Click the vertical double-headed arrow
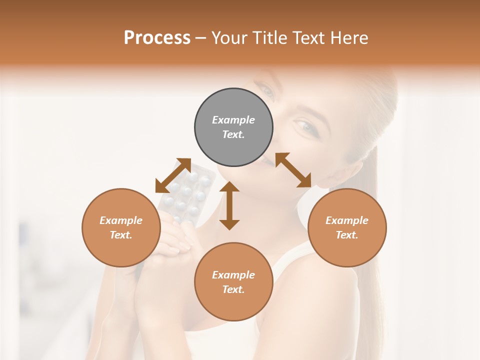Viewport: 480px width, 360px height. (x=229, y=205)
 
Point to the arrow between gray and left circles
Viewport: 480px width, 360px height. (x=173, y=175)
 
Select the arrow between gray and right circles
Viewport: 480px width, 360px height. (x=293, y=170)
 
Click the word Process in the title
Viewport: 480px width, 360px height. (x=157, y=38)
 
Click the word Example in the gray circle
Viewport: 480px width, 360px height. (x=233, y=120)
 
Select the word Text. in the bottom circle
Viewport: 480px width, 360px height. (x=233, y=289)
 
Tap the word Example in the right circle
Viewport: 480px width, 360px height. (x=347, y=220)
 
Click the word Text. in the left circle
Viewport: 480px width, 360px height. (x=121, y=235)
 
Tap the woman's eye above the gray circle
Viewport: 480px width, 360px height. (x=266, y=90)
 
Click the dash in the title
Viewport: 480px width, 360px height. (x=200, y=38)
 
